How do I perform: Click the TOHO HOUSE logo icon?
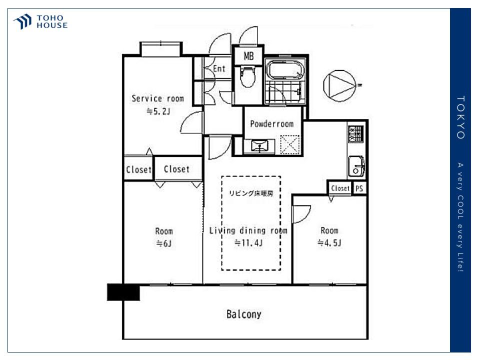[22, 21]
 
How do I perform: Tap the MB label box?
[248, 55]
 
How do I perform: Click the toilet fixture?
[247, 76]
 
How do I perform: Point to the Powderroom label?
[272, 124]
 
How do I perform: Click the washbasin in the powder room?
[259, 146]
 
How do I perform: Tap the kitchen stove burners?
[355, 133]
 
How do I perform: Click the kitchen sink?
[356, 166]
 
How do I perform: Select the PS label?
[359, 188]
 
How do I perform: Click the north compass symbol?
[340, 85]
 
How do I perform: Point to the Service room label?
[157, 98]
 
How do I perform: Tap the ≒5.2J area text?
[158, 111]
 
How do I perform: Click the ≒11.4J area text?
[248, 243]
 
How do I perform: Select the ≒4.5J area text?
[329, 243]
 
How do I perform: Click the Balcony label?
[244, 314]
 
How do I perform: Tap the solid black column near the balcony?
[123, 292]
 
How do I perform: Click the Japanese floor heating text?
[251, 193]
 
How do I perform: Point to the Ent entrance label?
[219, 68]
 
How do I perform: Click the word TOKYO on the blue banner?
[460, 117]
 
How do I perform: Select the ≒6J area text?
[164, 243]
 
